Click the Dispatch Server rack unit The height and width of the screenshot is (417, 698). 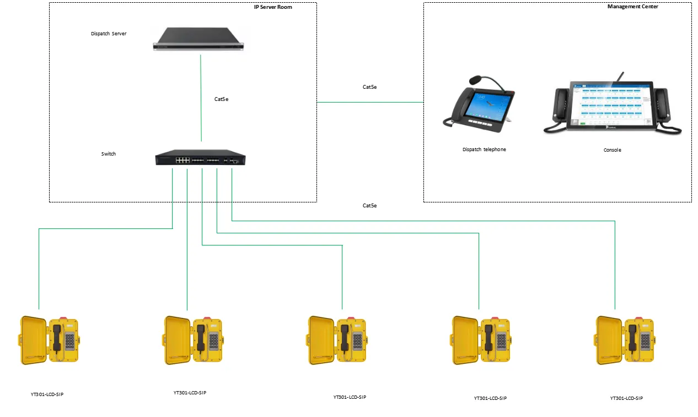[199, 40]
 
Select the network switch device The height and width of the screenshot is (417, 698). [200, 159]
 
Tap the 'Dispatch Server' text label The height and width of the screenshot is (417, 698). [109, 34]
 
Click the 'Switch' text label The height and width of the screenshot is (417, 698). [109, 154]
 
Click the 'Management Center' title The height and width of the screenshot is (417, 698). [632, 7]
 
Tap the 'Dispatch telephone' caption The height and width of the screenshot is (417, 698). [484, 149]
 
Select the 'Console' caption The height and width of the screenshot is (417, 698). [612, 150]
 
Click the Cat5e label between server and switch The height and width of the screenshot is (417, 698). [221, 99]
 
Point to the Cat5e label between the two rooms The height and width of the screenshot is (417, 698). [369, 87]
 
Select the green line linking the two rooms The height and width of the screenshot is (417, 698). [370, 102]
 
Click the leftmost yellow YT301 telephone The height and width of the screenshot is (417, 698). [50, 340]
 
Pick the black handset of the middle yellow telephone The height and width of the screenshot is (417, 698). [345, 337]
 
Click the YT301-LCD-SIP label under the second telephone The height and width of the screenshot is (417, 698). [190, 393]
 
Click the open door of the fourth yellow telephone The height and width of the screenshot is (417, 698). [463, 340]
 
